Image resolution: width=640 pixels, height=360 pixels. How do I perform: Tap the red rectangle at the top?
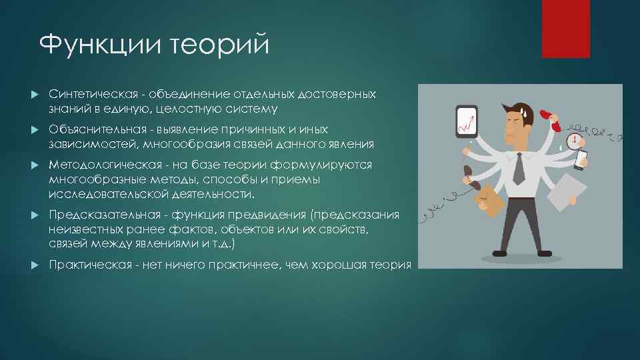click(x=565, y=28)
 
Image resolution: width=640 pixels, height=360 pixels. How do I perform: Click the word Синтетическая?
click(x=95, y=95)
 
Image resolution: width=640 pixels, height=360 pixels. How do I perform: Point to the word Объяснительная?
click(x=95, y=129)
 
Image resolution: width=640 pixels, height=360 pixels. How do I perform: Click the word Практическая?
click(x=89, y=265)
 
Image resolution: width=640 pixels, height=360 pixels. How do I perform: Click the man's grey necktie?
click(x=518, y=168)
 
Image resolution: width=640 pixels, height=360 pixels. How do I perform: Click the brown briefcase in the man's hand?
click(x=488, y=196)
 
